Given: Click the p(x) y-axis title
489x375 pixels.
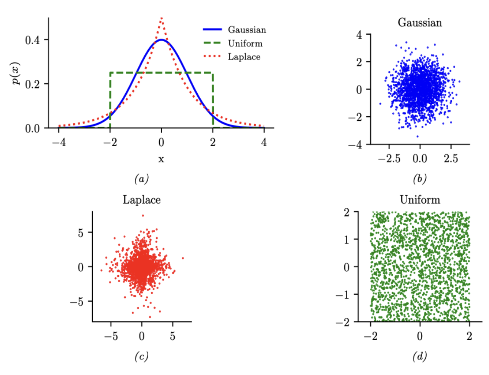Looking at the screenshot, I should [x=17, y=73].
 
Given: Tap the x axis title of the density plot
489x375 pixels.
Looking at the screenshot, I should [x=161, y=159].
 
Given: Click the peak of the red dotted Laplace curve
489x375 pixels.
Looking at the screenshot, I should [x=161, y=18].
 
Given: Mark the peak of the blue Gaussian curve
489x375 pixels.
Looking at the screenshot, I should [x=161, y=39].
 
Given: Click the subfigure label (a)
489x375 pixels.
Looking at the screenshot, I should [x=141, y=178].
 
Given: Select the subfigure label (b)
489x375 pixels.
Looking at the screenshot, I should [x=420, y=178].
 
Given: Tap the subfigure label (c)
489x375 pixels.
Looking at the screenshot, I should [x=141, y=357].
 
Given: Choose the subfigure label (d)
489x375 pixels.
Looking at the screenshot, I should [x=420, y=357].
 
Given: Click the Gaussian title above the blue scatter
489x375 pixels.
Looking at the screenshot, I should [x=420, y=23].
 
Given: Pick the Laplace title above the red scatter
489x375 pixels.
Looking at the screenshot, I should [x=142, y=200].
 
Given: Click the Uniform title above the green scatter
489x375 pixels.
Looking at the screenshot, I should [x=420, y=200].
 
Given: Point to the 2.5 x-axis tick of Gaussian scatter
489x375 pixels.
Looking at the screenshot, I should [x=451, y=159].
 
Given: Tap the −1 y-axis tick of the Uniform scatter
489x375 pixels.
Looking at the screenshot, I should [x=342, y=294].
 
